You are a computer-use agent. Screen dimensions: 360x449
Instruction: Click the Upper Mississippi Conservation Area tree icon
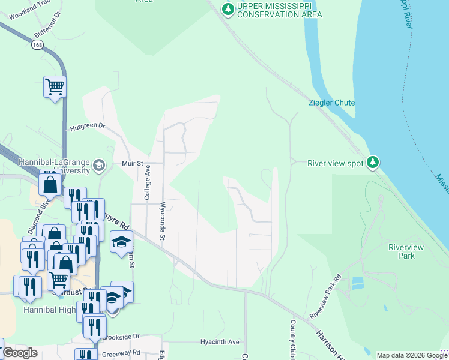pos(228,9)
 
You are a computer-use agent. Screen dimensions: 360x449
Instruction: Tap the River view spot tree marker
pos(373,163)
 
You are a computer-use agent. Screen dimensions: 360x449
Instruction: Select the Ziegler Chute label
pos(332,103)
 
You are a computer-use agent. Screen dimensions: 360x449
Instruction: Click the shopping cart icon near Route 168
pos(55,87)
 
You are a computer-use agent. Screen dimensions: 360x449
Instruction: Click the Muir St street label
pos(132,163)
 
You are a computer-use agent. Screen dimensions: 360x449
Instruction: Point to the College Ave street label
pos(147,183)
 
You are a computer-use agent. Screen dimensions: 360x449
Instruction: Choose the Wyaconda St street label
pos(162,221)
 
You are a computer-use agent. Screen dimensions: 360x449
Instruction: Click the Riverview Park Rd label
pos(325,296)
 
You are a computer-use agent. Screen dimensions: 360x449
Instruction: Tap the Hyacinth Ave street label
pos(220,342)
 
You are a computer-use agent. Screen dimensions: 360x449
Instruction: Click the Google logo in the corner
pos(20,353)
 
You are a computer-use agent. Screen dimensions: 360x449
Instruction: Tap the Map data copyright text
pos(411,355)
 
